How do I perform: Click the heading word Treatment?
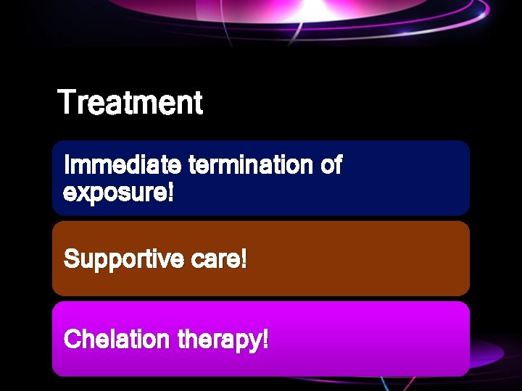pyautogui.click(x=130, y=102)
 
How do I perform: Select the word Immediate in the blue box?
pyautogui.click(x=123, y=165)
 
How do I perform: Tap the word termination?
pyautogui.click(x=251, y=165)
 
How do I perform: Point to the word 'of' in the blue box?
pyautogui.click(x=331, y=165)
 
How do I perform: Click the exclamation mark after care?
pyautogui.click(x=244, y=258)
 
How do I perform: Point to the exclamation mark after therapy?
pyautogui.click(x=265, y=339)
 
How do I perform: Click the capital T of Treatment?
pyautogui.click(x=66, y=102)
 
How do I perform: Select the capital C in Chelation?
pyautogui.click(x=71, y=339)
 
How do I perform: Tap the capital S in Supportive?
pyautogui.click(x=71, y=259)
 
